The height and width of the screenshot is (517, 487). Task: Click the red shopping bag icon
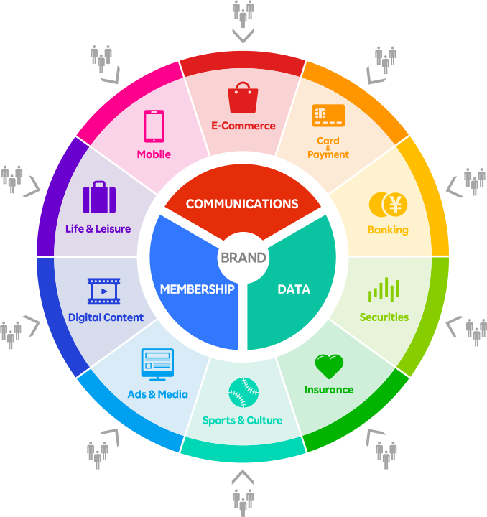[x=243, y=98]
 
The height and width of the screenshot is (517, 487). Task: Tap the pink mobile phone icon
[x=154, y=126]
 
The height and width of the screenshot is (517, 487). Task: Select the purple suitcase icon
[x=99, y=197]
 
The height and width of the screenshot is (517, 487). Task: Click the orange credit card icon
[x=328, y=115]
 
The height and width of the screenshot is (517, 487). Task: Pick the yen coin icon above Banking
[x=388, y=205]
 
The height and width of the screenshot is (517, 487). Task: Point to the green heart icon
[x=329, y=366]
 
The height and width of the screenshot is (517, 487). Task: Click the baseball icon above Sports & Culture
[x=243, y=393]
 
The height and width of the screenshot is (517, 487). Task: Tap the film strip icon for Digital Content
[x=104, y=291]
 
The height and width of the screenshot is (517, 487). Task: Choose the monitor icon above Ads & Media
[x=157, y=364]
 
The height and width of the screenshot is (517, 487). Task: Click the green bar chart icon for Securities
[x=384, y=290]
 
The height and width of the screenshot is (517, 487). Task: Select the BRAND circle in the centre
[x=243, y=258]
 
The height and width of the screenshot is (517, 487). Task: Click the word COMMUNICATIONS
[x=242, y=204]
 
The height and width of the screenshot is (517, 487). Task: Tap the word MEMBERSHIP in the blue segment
[x=198, y=289]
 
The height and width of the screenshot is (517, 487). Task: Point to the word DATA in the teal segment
[x=294, y=289]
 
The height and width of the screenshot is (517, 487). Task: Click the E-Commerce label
[x=243, y=126]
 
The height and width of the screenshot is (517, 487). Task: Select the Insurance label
[x=329, y=390]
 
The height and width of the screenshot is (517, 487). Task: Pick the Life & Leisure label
[x=98, y=229]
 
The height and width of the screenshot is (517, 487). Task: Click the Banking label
[x=388, y=230]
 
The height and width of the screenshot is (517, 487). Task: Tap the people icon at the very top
[x=243, y=12]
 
